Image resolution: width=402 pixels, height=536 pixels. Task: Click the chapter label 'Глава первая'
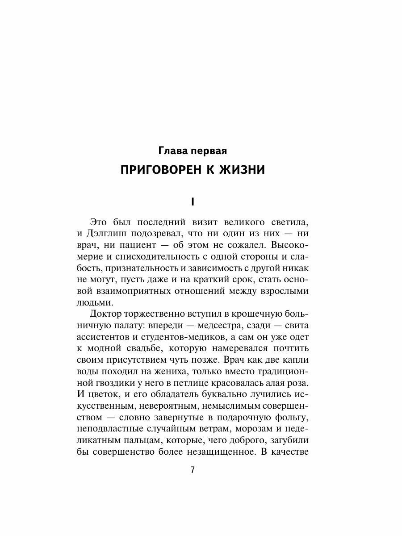tap(193, 151)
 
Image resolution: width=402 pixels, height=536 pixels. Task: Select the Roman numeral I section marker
tap(193, 202)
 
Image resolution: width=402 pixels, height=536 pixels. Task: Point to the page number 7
tap(193, 470)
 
